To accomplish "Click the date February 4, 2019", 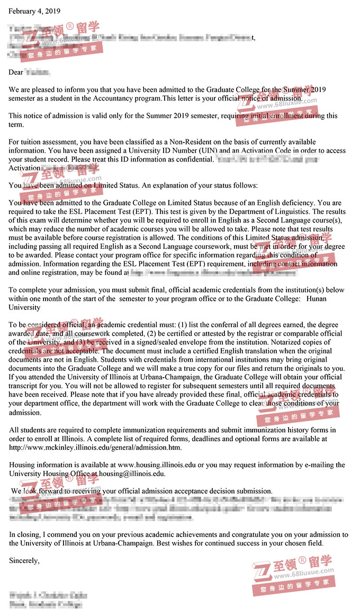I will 34,11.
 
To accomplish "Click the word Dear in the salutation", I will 16,72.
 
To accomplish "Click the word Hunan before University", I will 316,299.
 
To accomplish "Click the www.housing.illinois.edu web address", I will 157,465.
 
